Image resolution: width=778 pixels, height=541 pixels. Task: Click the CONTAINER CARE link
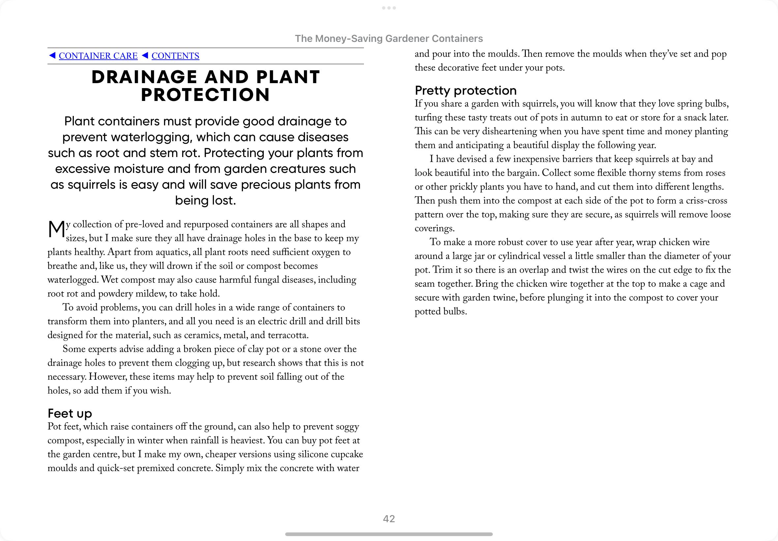point(98,56)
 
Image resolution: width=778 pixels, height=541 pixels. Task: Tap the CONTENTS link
point(175,56)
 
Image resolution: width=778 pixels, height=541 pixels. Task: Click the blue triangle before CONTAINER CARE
point(52,55)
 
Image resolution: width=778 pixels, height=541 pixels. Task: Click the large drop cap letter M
point(56,230)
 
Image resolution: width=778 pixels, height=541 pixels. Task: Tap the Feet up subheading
point(70,413)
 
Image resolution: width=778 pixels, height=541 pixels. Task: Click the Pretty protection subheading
point(466,90)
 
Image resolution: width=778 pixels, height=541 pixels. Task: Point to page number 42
point(389,519)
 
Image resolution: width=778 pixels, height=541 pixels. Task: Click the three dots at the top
point(389,8)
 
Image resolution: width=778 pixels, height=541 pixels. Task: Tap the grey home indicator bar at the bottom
point(389,534)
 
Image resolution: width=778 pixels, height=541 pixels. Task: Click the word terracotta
point(287,335)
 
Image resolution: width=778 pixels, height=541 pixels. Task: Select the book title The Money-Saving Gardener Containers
point(389,39)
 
